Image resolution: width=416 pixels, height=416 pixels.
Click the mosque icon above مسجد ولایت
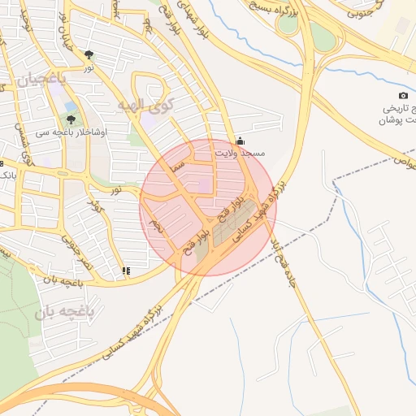[x=239, y=140]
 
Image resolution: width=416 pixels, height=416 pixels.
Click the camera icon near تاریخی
[x=404, y=96]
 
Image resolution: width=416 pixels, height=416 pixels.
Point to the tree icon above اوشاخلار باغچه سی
[x=71, y=119]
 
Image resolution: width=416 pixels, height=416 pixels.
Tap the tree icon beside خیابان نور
[x=89, y=56]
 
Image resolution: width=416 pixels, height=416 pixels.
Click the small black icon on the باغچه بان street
[x=124, y=271]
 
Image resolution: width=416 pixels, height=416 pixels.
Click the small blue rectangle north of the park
[x=70, y=106]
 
